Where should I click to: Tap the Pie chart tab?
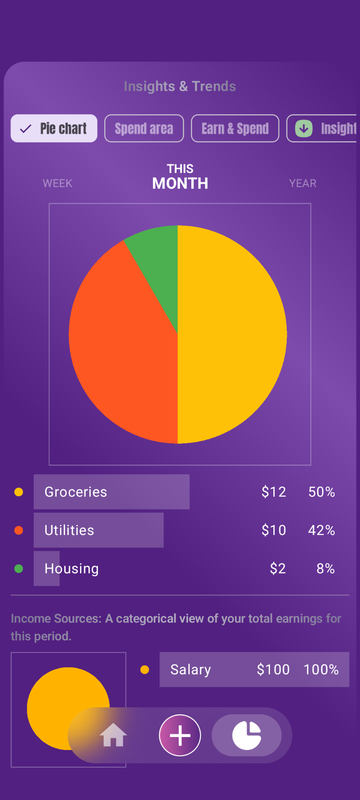click(x=54, y=128)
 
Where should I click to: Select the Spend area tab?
click(x=144, y=128)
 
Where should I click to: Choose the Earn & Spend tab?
click(x=235, y=128)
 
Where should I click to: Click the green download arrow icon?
click(x=304, y=128)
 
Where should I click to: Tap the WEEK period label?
click(x=57, y=183)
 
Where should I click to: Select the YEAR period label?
click(x=303, y=183)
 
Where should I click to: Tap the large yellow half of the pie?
click(x=233, y=333)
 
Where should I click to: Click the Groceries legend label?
click(x=76, y=492)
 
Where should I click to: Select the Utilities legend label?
click(x=70, y=530)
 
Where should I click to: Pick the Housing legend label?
click(x=72, y=569)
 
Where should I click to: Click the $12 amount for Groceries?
click(x=274, y=492)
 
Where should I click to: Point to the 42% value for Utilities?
click(x=321, y=530)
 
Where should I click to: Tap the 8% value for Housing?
click(x=325, y=569)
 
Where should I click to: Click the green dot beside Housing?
click(x=19, y=569)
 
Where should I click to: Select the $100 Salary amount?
click(x=273, y=670)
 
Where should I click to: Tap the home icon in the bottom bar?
click(x=113, y=735)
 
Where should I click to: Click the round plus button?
click(x=180, y=735)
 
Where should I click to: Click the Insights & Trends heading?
click(x=180, y=86)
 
